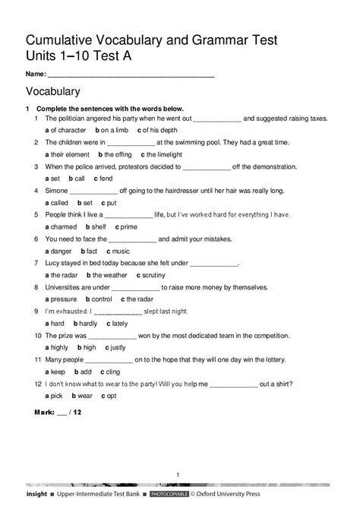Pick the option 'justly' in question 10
coord(117,347)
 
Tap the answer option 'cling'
coord(110,371)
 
